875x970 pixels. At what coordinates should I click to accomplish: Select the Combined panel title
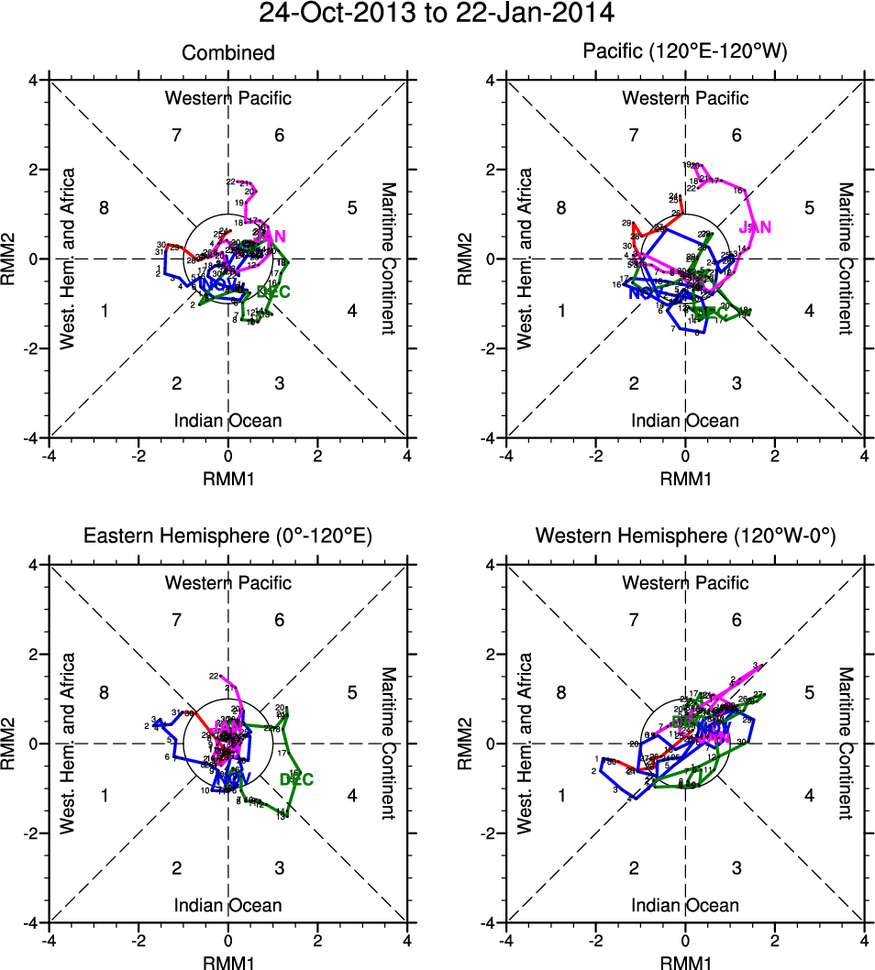[228, 53]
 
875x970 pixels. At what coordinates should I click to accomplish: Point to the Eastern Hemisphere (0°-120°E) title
[228, 536]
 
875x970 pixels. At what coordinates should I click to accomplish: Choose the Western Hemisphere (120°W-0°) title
[685, 536]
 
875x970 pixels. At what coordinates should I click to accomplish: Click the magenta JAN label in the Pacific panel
[755, 226]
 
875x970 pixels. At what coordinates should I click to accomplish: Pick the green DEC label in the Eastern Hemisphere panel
[296, 780]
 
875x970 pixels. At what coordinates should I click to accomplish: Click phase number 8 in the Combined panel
[105, 208]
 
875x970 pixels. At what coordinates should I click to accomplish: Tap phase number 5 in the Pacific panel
[810, 208]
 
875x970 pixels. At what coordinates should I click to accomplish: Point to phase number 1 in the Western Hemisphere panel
[561, 795]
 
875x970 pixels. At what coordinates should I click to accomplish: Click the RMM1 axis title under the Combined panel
[228, 478]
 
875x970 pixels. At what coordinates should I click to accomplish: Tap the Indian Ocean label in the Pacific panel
[685, 421]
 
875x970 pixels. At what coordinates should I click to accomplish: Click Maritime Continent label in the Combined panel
[388, 259]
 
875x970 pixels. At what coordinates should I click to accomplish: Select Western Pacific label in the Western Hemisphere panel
[685, 582]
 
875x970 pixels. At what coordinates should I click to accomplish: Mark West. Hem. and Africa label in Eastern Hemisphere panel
[67, 744]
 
